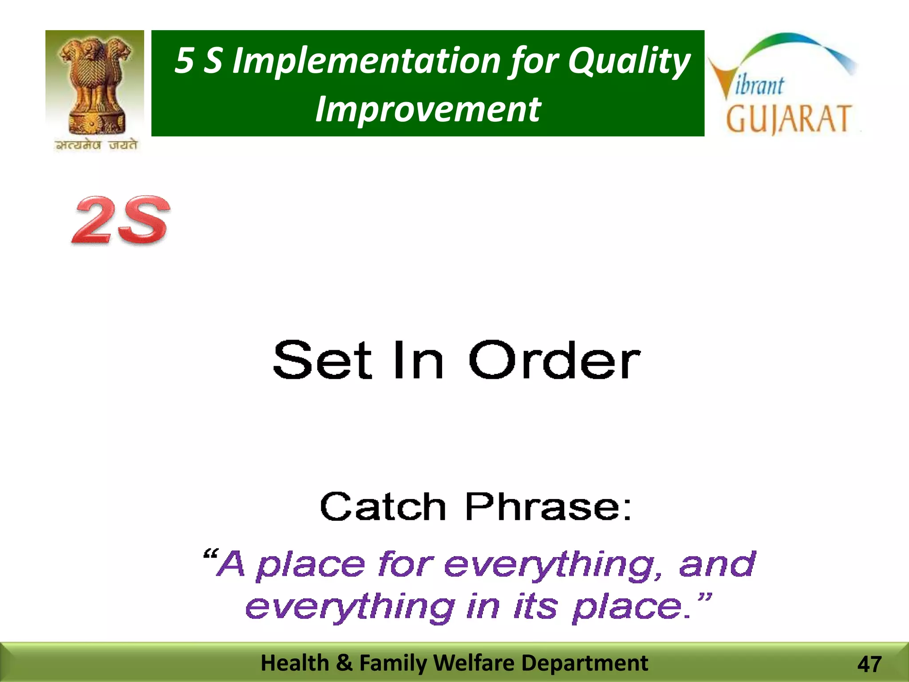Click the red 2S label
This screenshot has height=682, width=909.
coord(121,220)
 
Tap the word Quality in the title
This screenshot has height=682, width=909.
coord(629,61)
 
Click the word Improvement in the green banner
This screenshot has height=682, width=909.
coord(428,109)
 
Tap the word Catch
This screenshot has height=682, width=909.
coord(383,507)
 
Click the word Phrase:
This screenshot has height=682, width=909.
coord(548,507)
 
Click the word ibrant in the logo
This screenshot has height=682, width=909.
coord(759,85)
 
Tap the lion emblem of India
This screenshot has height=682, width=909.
coord(95,84)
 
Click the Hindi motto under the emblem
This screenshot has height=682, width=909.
coord(96,145)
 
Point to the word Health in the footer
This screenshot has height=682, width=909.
coord(294,663)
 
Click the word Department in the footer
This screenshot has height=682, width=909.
coord(585,663)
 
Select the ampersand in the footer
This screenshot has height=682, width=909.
coord(344,663)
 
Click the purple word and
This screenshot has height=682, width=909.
coord(716,564)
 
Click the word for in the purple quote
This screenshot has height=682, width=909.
coord(405,564)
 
